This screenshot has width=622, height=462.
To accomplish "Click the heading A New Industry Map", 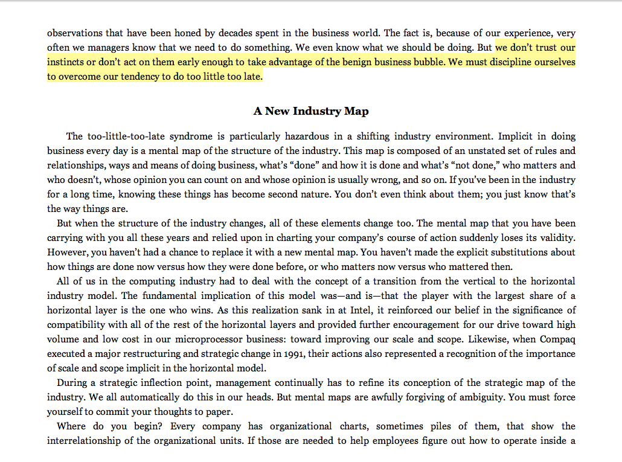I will click(311, 111).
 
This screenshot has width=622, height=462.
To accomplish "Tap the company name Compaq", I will click(557, 339).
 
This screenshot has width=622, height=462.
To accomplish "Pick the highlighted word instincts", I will click(68, 62).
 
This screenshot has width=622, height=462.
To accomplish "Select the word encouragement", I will click(446, 324).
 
